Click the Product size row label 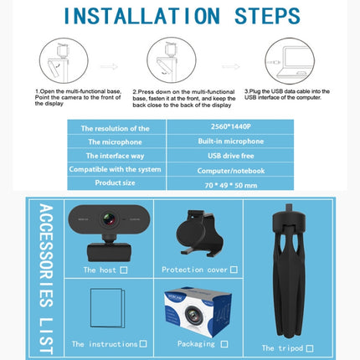point(116,183)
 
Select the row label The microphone point(116,141)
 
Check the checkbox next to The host point(124,270)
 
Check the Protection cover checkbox point(234,270)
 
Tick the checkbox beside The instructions point(143,343)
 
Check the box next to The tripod point(309,347)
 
